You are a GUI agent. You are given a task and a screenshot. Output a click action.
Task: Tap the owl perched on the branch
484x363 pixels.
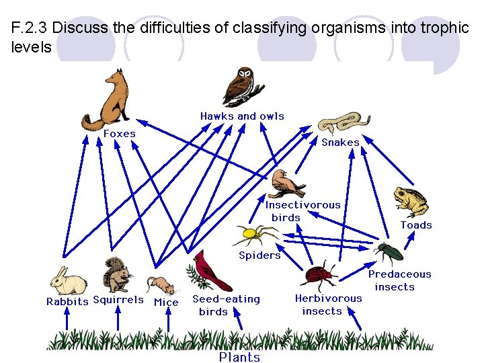[x=240, y=87]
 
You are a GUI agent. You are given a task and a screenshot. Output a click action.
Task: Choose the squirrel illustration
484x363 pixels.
[x=116, y=275]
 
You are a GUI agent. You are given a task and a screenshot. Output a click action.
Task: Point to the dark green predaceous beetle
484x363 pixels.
[x=389, y=253]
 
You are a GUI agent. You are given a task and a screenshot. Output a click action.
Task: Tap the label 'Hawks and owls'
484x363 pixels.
[x=242, y=116]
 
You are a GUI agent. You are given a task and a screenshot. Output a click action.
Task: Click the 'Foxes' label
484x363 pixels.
[x=120, y=134]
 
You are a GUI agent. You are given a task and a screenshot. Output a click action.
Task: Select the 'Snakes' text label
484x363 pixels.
[x=340, y=143]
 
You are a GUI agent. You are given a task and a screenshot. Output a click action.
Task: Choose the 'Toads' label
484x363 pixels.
[x=416, y=225]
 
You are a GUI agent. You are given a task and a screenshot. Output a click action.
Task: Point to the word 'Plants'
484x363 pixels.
[x=239, y=357]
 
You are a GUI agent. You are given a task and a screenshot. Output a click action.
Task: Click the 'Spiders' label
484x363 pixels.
[x=259, y=255]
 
